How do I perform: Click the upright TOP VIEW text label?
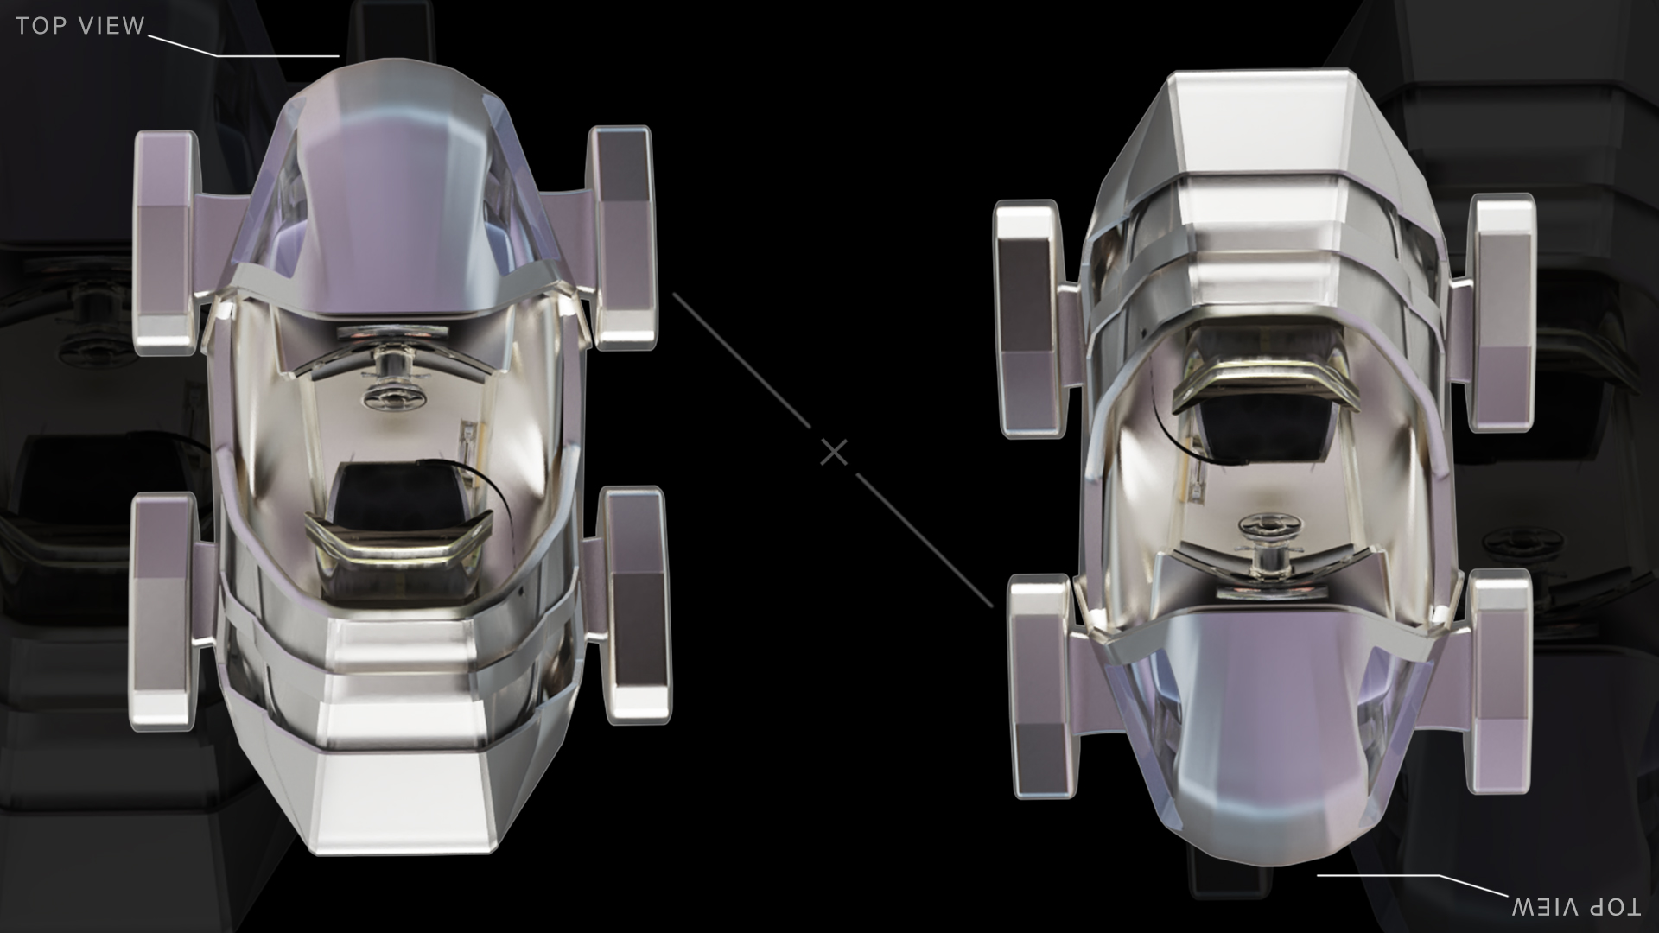pyautogui.click(x=79, y=26)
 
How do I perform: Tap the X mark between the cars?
pyautogui.click(x=834, y=452)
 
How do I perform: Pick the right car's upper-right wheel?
pyautogui.click(x=1503, y=313)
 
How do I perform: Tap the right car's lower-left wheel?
pyautogui.click(x=1043, y=687)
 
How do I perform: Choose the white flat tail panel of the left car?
pyautogui.click(x=402, y=799)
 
